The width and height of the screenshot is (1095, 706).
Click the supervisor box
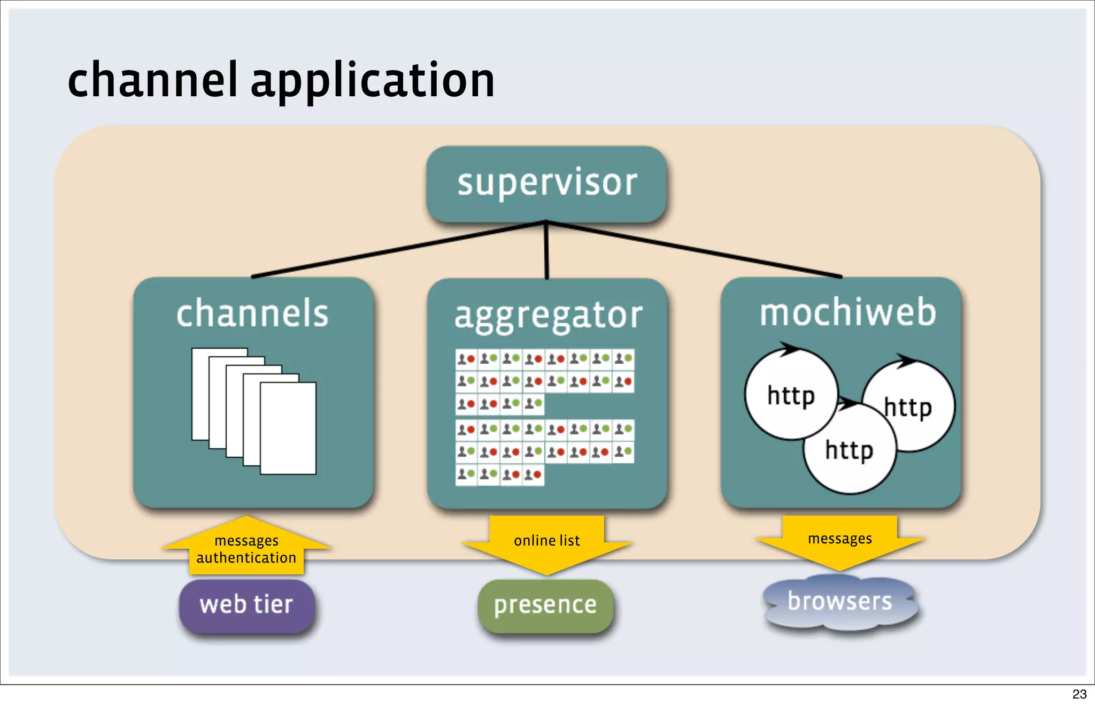point(546,183)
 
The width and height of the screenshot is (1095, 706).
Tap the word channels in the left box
point(252,313)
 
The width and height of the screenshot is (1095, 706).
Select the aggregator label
point(548,316)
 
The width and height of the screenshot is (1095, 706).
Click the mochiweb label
point(848,312)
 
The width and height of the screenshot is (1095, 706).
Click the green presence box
point(545,605)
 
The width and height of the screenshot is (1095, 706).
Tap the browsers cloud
point(840,602)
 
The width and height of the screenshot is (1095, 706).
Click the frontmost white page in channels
point(288,428)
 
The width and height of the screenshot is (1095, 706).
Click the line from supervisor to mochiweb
point(695,250)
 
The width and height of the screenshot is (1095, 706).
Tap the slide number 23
point(1079,694)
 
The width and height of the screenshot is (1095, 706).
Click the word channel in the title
point(152,80)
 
